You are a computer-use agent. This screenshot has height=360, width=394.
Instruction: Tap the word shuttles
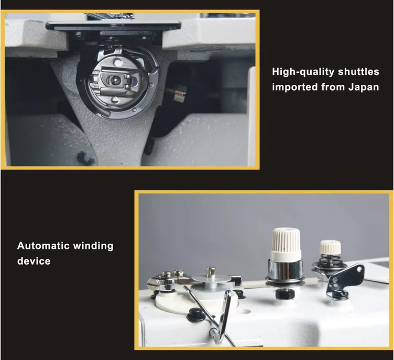click(358, 72)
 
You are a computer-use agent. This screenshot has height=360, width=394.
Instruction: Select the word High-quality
click(303, 72)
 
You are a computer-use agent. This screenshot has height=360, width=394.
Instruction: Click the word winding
click(93, 246)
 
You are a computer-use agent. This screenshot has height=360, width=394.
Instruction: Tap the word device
click(34, 261)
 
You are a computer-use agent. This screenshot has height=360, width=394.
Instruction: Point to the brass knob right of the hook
click(178, 93)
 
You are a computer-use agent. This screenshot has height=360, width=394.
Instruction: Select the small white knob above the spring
click(330, 247)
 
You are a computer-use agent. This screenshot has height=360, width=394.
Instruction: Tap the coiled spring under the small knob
click(329, 260)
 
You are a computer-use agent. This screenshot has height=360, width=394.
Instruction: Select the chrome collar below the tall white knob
click(286, 271)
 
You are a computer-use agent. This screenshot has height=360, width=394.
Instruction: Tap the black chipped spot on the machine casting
click(85, 158)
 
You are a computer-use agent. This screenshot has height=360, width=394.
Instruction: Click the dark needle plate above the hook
click(113, 26)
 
